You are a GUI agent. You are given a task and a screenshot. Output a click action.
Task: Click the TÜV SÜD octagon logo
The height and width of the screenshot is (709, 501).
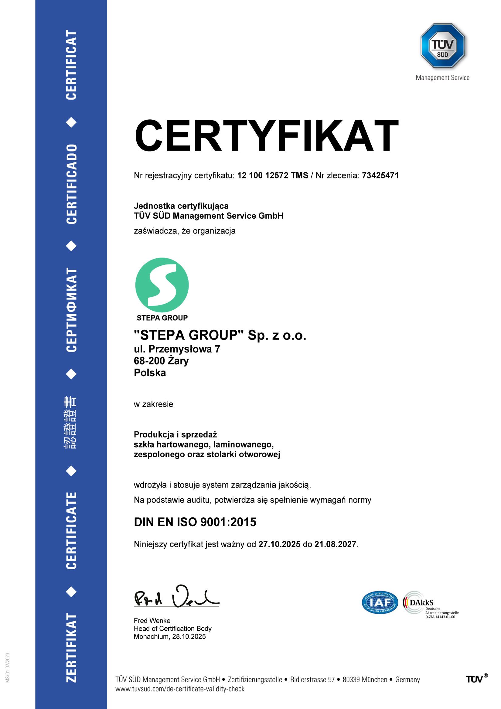click(x=442, y=46)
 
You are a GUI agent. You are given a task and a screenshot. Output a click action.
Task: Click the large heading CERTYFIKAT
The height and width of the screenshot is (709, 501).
click(x=266, y=136)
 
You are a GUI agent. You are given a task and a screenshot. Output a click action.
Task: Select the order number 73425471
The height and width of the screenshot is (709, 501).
click(x=380, y=176)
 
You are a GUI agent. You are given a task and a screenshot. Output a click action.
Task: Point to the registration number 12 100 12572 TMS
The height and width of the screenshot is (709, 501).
click(x=272, y=176)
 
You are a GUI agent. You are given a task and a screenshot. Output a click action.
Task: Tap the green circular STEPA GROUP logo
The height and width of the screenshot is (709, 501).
click(x=162, y=285)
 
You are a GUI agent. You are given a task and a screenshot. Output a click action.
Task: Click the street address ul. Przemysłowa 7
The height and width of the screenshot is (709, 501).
click(x=177, y=349)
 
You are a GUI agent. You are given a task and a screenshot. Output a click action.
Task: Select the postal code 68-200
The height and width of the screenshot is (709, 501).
click(x=149, y=361)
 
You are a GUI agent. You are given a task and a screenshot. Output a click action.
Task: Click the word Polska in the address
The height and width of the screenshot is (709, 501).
click(x=150, y=373)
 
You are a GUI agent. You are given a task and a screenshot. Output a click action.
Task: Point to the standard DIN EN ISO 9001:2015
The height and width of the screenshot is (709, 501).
click(x=195, y=522)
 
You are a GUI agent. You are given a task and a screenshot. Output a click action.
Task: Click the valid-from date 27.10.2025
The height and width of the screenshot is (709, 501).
click(x=279, y=544)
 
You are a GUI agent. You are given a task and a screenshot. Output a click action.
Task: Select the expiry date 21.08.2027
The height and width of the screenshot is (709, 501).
click(x=335, y=544)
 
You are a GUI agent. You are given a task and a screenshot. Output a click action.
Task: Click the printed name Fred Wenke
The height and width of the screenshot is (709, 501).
click(x=152, y=620)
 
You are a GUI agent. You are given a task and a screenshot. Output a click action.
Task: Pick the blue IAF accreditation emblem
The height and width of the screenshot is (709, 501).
click(x=380, y=602)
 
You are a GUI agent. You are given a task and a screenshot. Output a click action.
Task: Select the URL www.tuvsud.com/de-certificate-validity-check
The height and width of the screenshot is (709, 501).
click(x=180, y=689)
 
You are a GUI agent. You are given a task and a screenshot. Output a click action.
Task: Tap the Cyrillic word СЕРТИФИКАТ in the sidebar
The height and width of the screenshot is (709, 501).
click(x=71, y=310)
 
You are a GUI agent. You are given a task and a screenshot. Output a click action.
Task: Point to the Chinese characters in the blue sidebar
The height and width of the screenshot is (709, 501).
click(x=71, y=422)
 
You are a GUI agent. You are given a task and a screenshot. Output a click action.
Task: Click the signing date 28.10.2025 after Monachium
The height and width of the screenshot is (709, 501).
click(x=189, y=636)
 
